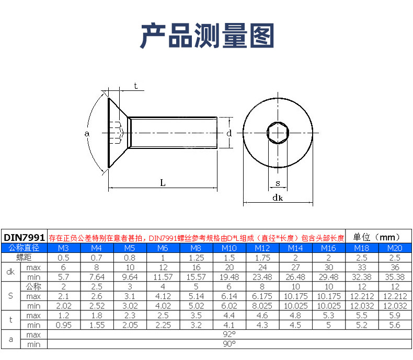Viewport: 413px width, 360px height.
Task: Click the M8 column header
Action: (195, 248)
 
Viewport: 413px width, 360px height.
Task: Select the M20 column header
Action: (395, 248)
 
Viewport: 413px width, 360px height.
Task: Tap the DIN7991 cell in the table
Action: (25, 237)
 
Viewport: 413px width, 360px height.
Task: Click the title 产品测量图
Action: (206, 36)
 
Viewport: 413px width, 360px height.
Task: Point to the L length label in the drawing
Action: (163, 182)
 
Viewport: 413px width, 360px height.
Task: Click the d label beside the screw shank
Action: (229, 133)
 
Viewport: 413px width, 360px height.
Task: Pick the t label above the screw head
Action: (135, 86)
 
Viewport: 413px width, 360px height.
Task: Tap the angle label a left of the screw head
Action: (87, 134)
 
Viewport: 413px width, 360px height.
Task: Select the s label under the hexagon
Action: (278, 183)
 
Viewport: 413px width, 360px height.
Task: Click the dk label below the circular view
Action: (278, 198)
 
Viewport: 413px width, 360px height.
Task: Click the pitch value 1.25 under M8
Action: (195, 258)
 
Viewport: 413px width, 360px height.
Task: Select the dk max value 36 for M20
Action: (395, 268)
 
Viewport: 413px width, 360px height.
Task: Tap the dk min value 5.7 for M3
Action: (63, 277)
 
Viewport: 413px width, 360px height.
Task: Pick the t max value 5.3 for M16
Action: (328, 316)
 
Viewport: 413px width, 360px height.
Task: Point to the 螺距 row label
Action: (25, 258)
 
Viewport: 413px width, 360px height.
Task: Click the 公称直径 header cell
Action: (25, 248)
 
